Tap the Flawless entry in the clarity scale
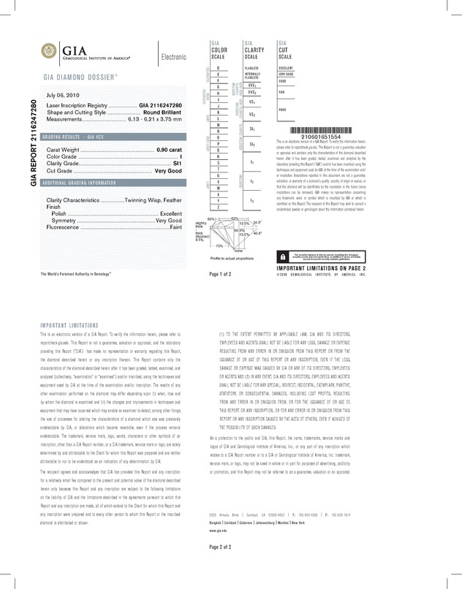coord(251,67)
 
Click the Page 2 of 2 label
coord(220,567)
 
